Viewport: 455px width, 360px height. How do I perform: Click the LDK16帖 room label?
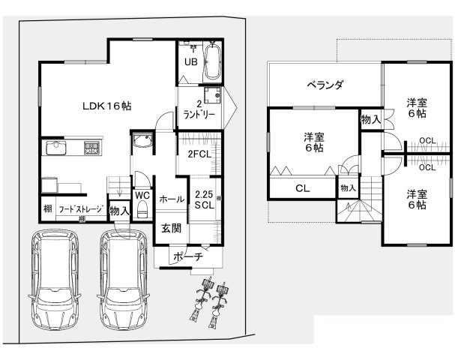[106, 106]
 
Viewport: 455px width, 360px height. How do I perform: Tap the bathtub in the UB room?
[213, 59]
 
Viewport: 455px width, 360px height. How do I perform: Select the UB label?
[190, 62]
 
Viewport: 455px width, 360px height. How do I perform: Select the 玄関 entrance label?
[169, 228]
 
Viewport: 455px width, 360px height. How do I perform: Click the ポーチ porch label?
[187, 256]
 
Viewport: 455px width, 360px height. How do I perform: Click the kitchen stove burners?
[91, 148]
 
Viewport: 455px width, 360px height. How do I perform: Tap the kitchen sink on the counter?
[57, 148]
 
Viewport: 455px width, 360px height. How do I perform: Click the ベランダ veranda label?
[325, 85]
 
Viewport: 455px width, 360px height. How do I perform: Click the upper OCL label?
[427, 140]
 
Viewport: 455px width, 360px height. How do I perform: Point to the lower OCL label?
[427, 167]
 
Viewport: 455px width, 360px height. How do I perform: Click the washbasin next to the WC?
[142, 141]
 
